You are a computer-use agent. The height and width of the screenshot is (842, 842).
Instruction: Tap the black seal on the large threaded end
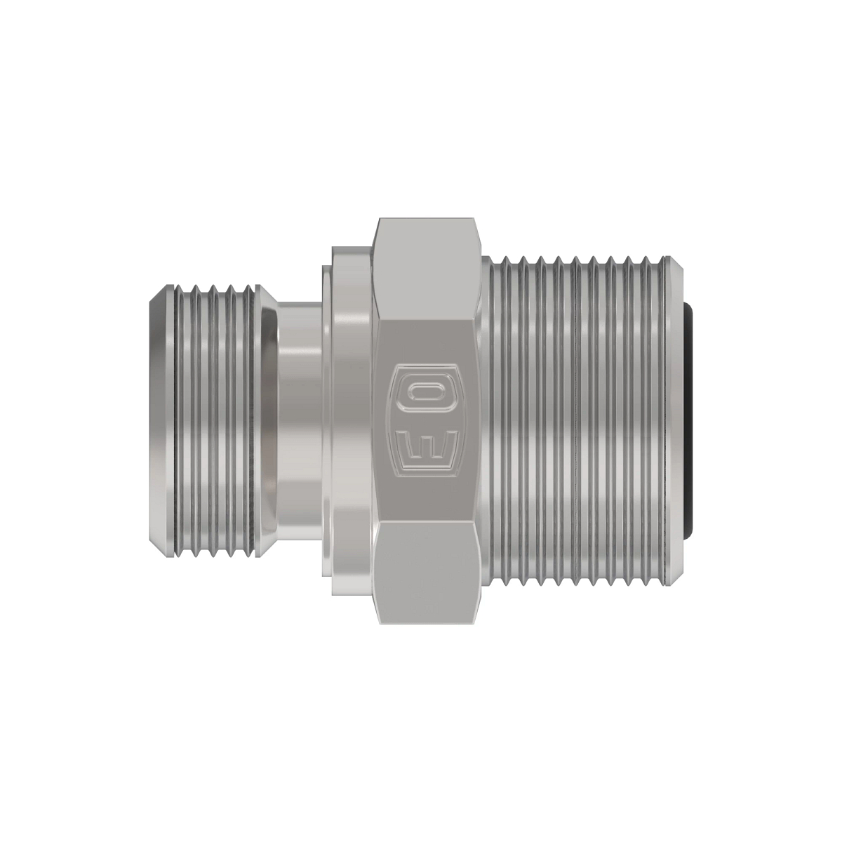[x=690, y=421]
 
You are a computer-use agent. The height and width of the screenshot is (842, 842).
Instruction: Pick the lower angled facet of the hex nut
[x=429, y=573]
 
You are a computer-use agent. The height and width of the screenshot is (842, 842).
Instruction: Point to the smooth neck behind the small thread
[x=298, y=421]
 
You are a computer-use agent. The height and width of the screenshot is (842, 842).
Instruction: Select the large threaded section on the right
[x=582, y=421]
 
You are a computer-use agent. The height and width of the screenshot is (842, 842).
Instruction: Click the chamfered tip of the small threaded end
[x=159, y=421]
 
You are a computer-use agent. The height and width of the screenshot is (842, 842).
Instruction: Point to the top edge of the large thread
[x=582, y=258]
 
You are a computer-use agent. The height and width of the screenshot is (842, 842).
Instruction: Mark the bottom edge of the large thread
[x=582, y=584]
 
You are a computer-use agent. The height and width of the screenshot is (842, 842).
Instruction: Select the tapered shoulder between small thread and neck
[x=269, y=421]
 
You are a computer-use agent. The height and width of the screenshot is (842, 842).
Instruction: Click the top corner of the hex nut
[x=429, y=220]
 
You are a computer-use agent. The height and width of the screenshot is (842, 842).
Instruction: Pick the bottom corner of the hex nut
[x=429, y=622]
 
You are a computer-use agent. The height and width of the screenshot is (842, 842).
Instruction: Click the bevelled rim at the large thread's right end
[x=679, y=421]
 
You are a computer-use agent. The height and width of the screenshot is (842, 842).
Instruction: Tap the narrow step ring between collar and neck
[x=326, y=421]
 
